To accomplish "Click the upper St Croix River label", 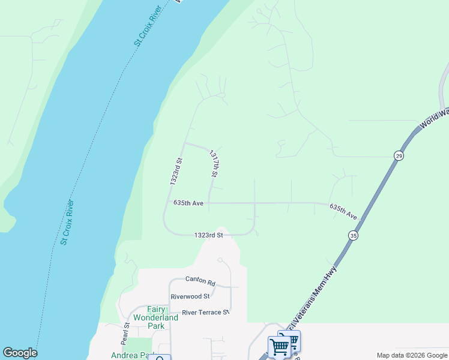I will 149,26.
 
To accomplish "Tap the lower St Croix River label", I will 67,223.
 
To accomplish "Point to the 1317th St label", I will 213,164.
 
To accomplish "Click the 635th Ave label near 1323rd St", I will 188,203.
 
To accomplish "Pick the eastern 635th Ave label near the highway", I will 343,211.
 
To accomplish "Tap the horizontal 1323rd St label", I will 208,235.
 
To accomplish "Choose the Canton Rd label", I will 200,280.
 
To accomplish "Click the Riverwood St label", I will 190,296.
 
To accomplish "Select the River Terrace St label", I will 206,312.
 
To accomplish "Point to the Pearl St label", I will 127,333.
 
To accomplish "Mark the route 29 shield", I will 399,156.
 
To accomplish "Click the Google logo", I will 20,353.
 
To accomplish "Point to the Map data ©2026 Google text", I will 411,355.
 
